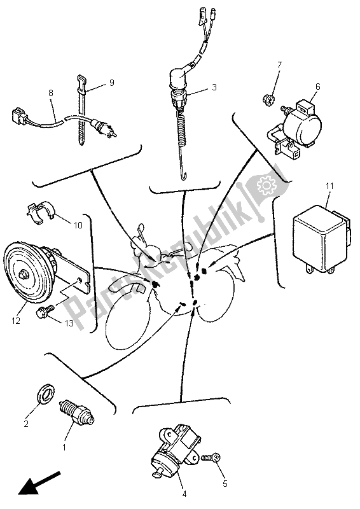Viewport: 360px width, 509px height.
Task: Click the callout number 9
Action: pyautogui.click(x=112, y=83)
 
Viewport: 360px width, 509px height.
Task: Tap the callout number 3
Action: pyautogui.click(x=214, y=87)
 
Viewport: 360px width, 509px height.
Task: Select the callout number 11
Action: pyautogui.click(x=330, y=186)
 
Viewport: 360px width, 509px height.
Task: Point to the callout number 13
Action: pyautogui.click(x=69, y=323)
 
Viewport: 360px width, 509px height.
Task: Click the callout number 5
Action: pyautogui.click(x=225, y=484)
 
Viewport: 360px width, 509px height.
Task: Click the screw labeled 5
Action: pyautogui.click(x=211, y=458)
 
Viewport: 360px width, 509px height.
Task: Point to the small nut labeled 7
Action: pyautogui.click(x=269, y=97)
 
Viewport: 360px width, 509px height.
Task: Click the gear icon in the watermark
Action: pyautogui.click(x=265, y=185)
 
